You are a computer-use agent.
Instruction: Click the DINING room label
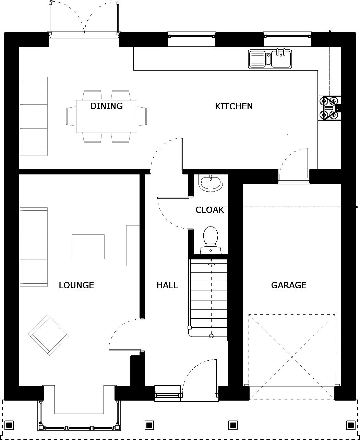coord(106,106)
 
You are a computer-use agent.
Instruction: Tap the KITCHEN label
coord(234,106)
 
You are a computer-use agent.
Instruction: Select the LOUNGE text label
coord(76,285)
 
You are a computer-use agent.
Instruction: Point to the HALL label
coord(167,285)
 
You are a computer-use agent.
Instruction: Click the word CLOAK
coord(209,210)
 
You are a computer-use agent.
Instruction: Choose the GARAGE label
coord(289,285)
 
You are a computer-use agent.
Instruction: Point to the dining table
coord(106,117)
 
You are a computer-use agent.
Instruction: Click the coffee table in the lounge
coord(88,246)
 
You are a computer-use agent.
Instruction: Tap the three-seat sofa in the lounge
coord(34,247)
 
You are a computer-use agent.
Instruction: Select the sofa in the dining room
coord(34,116)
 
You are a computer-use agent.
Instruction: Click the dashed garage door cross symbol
coord(292,357)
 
